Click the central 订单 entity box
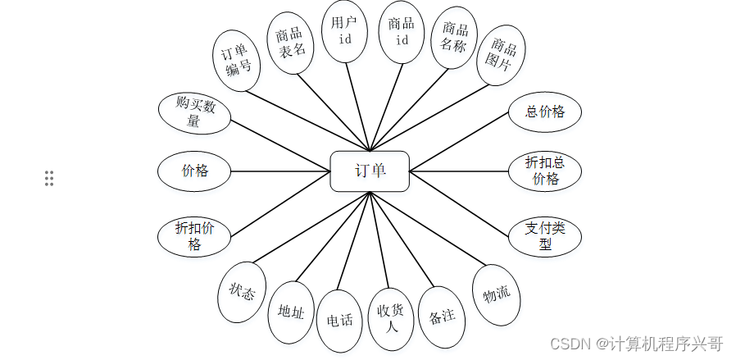click(369, 171)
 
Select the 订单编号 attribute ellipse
click(236, 62)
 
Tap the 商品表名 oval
click(291, 43)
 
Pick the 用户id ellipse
click(344, 31)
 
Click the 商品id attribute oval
click(402, 31)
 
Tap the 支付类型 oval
click(545, 236)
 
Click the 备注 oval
click(442, 316)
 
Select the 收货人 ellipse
click(391, 319)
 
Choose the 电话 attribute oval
click(339, 320)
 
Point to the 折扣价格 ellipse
click(194, 236)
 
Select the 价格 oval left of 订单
click(194, 171)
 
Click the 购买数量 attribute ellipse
click(194, 112)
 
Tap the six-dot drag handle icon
click(49, 178)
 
